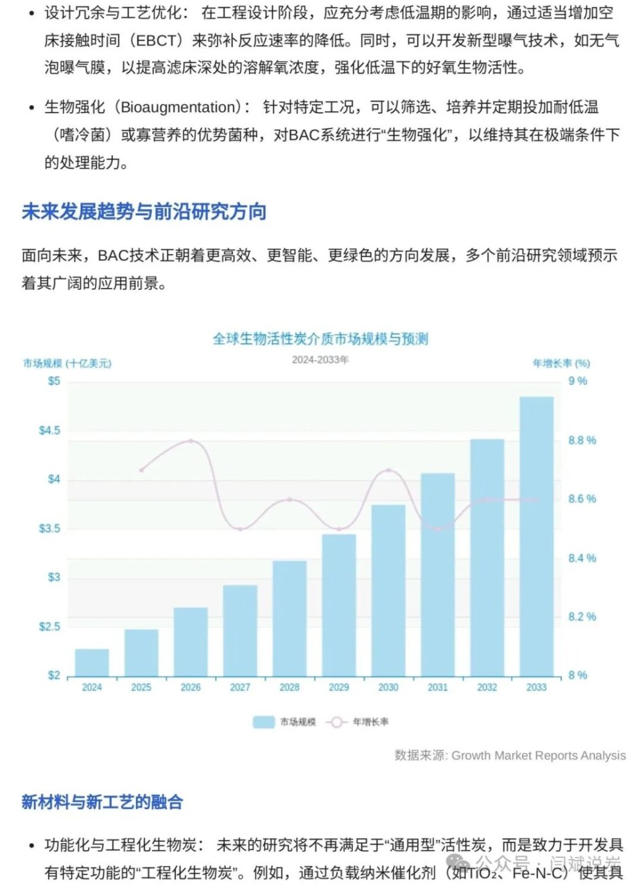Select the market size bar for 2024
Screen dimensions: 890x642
(92, 663)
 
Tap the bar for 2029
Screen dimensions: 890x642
(339, 605)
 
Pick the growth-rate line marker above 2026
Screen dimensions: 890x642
(191, 441)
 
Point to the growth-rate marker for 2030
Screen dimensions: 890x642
(388, 470)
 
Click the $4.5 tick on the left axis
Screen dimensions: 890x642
(49, 431)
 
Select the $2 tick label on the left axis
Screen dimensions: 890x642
(54, 675)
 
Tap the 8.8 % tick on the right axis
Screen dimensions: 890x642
(582, 440)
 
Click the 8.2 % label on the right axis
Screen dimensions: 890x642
(582, 617)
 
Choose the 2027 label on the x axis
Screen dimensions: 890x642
(240, 688)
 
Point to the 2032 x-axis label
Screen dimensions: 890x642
(487, 688)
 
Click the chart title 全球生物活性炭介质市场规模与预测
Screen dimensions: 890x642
(320, 339)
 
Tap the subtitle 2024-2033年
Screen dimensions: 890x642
(320, 360)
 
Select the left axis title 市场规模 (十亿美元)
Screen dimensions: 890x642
(67, 364)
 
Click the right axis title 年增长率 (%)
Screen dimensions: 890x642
(561, 364)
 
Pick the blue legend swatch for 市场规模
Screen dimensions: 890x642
(264, 722)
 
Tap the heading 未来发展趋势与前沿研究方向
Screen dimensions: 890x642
(144, 211)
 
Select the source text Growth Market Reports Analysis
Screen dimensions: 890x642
(538, 756)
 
